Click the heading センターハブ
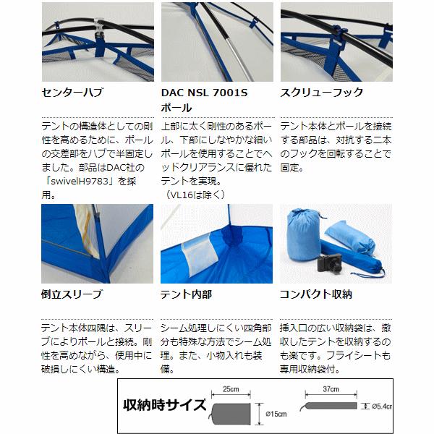point(73,93)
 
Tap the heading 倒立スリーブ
point(73,294)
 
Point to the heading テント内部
point(186,294)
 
